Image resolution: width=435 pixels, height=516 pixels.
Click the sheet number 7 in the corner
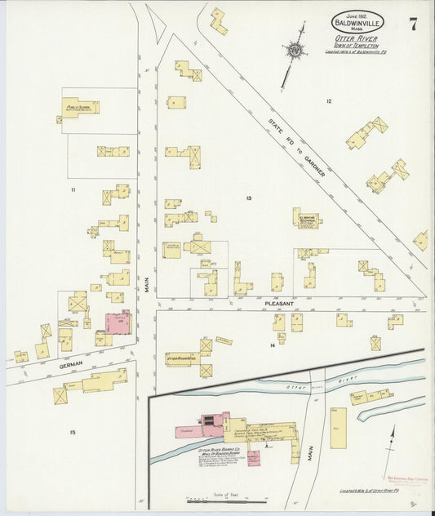(413, 24)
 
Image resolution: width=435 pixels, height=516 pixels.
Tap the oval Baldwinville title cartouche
(357, 22)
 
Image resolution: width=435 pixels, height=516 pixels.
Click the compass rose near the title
(294, 50)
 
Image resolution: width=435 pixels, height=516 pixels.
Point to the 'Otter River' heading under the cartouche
(355, 38)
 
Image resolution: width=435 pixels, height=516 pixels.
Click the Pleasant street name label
(279, 303)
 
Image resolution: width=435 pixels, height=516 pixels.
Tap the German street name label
(71, 366)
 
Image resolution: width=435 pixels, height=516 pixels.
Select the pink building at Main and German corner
(118, 322)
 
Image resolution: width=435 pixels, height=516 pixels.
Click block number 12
(328, 101)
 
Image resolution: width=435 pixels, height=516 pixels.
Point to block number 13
(249, 198)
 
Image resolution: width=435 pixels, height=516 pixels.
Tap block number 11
(73, 189)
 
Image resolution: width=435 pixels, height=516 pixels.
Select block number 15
(73, 432)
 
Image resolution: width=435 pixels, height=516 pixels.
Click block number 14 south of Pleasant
(272, 346)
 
